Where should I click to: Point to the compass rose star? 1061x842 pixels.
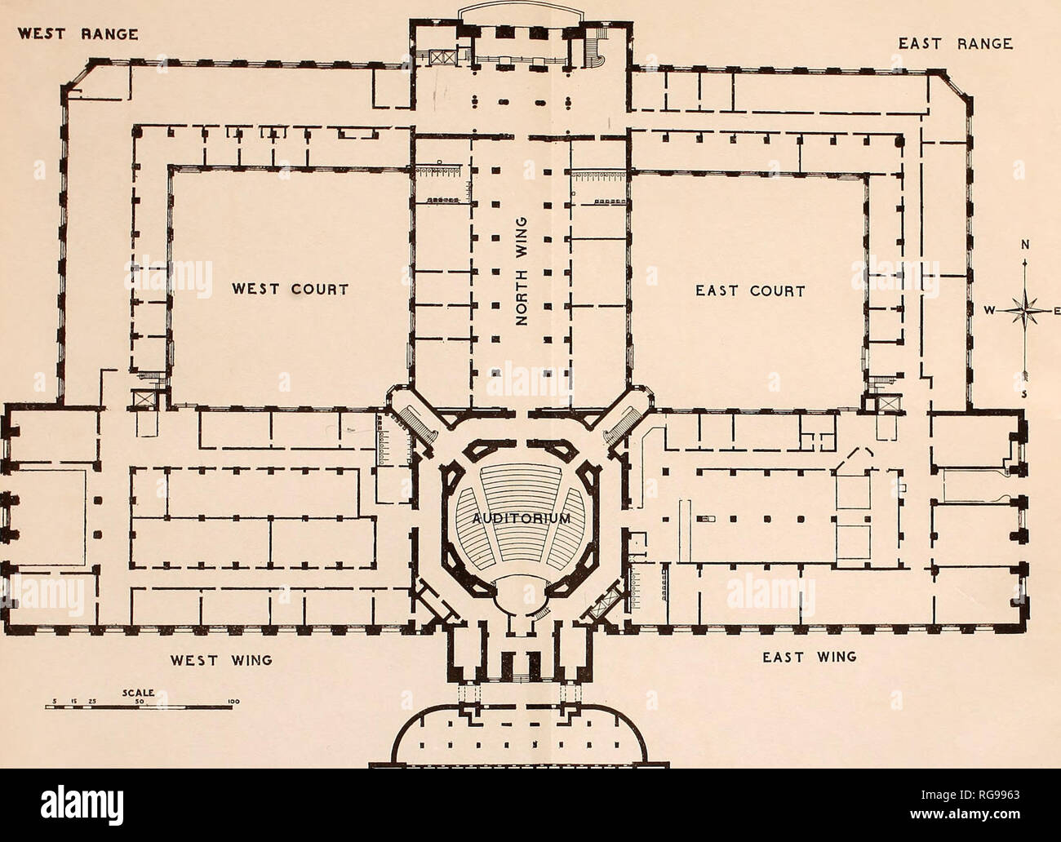coord(1023,311)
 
